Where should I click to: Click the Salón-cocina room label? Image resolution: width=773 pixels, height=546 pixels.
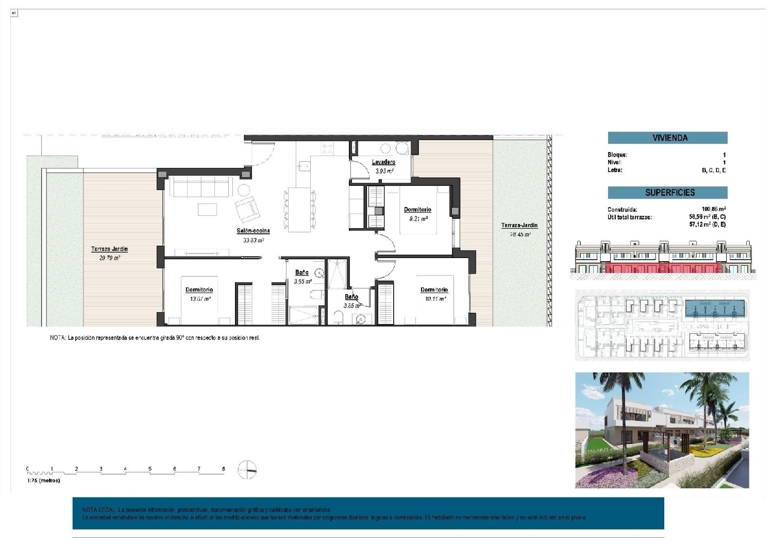click(253, 231)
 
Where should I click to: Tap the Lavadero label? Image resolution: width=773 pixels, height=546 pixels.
click(383, 162)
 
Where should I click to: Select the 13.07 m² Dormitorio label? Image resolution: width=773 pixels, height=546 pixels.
click(199, 290)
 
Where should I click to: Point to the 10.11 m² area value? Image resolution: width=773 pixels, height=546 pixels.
click(435, 299)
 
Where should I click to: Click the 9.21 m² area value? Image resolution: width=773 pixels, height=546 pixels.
click(418, 219)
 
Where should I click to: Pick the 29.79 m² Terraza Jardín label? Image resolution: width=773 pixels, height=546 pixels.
click(109, 249)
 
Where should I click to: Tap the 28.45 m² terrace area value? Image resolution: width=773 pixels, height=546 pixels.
click(520, 234)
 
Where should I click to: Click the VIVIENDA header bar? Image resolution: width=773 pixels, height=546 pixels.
click(667, 138)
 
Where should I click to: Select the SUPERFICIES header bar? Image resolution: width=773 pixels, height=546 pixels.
click(667, 193)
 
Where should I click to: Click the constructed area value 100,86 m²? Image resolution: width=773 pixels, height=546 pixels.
click(713, 209)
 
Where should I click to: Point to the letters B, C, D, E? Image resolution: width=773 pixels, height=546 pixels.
click(713, 170)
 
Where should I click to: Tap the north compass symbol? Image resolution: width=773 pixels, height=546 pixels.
click(247, 470)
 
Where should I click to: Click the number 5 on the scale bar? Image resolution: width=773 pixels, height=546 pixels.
click(150, 469)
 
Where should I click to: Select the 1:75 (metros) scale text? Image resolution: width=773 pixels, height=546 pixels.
click(44, 481)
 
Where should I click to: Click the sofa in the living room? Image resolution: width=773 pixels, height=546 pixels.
click(200, 187)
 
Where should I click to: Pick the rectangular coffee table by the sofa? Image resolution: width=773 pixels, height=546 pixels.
click(208, 209)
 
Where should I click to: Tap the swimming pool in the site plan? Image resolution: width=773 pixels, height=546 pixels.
click(715, 309)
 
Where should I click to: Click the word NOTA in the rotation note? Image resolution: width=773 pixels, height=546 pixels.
click(57, 338)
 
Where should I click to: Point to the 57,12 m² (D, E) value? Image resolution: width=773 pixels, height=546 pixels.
click(707, 225)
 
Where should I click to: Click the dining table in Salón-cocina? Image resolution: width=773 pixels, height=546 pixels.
click(299, 210)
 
